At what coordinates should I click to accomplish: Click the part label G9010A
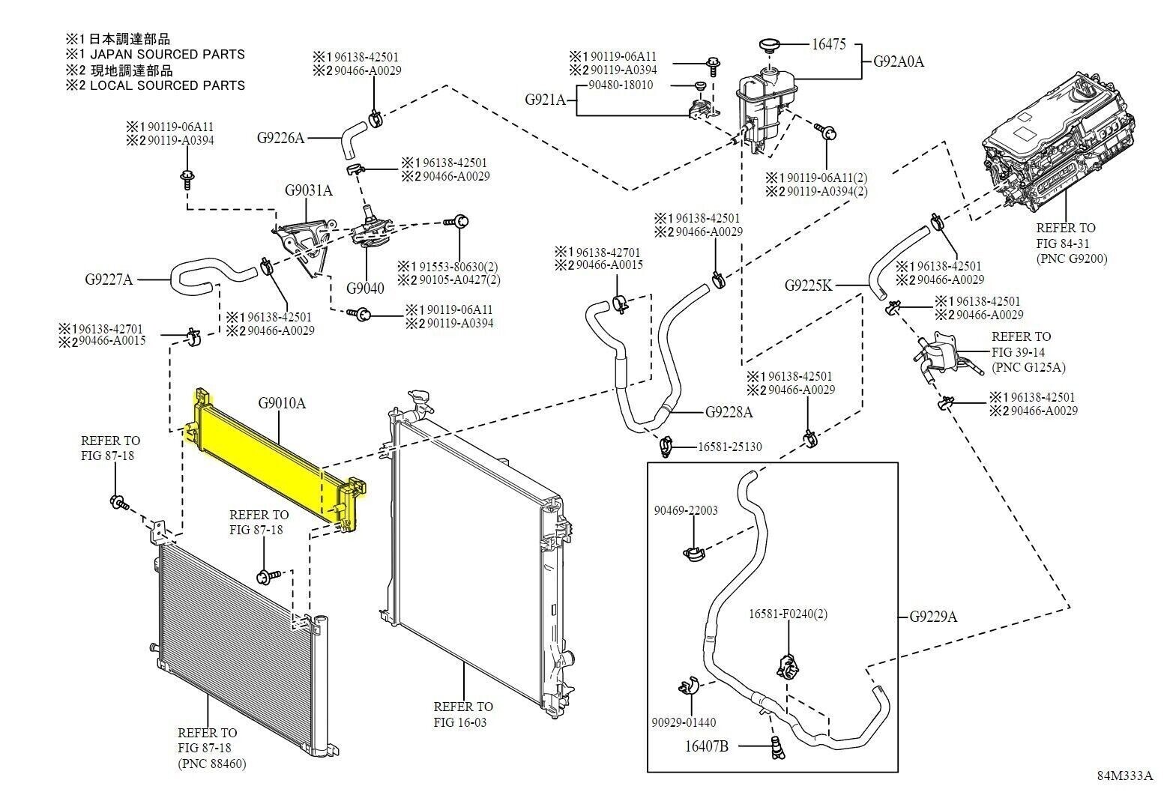tap(282, 403)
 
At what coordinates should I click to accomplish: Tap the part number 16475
tap(829, 44)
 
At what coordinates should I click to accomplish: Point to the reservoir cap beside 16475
tap(770, 46)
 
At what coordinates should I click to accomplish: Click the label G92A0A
tap(899, 61)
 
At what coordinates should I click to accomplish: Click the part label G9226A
tap(280, 138)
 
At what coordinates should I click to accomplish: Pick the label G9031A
tap(308, 190)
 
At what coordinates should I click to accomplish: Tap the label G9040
tap(365, 288)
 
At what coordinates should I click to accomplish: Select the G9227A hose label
tap(109, 280)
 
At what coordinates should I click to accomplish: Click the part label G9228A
tap(729, 412)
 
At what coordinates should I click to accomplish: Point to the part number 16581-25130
tap(729, 447)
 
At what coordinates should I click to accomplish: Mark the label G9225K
tap(808, 285)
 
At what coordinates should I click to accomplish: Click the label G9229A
tap(934, 617)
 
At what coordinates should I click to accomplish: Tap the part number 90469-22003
tap(685, 511)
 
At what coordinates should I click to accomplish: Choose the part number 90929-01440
tap(684, 723)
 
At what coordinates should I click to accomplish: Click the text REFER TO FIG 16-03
tap(463, 714)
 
